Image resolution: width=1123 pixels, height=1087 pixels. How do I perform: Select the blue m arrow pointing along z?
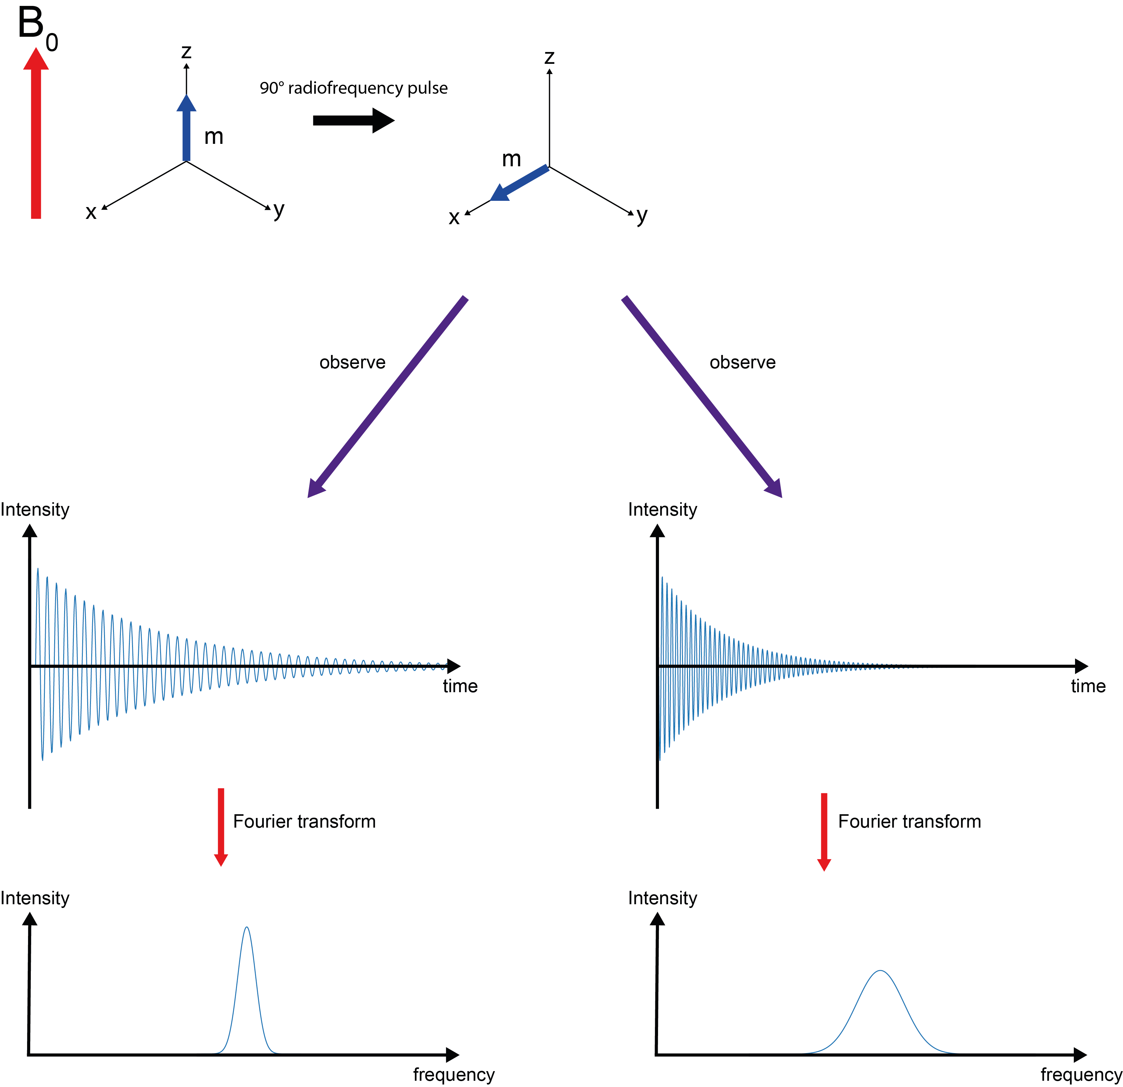pos(186,129)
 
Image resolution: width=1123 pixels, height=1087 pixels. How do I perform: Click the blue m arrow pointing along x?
pos(519,183)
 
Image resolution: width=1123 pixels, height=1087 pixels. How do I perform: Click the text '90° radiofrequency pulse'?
pos(353,88)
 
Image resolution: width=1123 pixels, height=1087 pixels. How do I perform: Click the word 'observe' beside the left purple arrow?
pos(352,362)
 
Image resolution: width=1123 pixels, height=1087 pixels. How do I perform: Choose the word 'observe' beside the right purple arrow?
pos(742,362)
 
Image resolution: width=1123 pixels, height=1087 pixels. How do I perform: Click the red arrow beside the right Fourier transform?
pos(824,831)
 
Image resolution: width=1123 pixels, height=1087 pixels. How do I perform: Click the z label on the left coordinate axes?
pos(186,52)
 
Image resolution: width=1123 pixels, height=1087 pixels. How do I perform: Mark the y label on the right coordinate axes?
pos(642,215)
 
